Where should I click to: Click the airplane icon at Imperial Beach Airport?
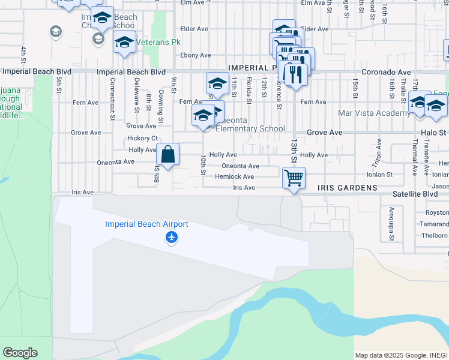(x=172, y=238)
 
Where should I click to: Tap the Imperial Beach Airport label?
(x=146, y=224)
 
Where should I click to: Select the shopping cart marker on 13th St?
(x=294, y=177)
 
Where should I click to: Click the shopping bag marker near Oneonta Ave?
(x=169, y=154)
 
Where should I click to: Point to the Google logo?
(x=20, y=353)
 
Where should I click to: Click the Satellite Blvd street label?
(x=415, y=194)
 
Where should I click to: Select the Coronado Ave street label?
(x=386, y=71)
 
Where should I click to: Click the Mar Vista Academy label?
(x=375, y=113)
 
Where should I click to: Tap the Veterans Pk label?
(x=158, y=43)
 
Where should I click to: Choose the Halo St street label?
(x=433, y=132)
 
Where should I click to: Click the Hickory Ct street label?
(x=142, y=138)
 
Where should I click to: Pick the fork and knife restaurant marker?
(x=294, y=73)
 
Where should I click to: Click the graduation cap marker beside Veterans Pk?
(x=124, y=43)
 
